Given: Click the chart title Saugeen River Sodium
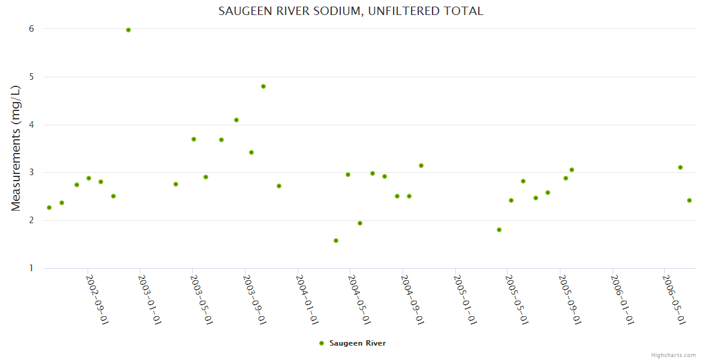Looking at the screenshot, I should (350, 11).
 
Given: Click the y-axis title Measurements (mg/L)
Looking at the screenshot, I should (16, 148).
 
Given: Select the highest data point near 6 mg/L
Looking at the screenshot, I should (128, 30).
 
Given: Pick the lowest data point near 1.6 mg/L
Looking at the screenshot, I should (336, 241).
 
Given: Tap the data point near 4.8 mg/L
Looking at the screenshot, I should (263, 86).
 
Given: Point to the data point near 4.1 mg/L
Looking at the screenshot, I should (236, 120).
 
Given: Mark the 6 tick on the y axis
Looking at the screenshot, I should (31, 29).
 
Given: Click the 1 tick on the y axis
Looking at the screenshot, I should (31, 268).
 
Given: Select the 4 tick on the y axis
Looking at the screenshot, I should (31, 125).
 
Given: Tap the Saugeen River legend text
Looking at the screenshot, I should (358, 343).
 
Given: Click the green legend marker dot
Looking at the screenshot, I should (322, 343).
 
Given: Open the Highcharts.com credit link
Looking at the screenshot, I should (673, 355).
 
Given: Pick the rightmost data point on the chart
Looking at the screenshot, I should (689, 200).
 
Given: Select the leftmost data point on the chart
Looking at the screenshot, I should (49, 208).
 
